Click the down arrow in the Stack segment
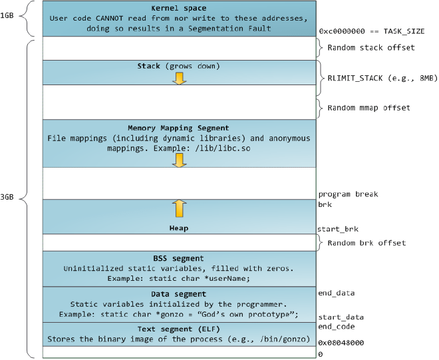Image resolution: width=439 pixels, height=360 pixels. tap(179, 78)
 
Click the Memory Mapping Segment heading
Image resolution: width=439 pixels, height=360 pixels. tap(178, 127)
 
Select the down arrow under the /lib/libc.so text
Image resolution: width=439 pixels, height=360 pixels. tap(179, 159)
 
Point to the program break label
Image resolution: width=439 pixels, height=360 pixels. tap(348, 194)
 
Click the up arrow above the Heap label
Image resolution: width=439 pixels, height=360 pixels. tap(179, 208)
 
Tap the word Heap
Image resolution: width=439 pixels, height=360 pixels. tap(178, 228)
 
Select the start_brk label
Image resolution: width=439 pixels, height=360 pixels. tap(339, 229)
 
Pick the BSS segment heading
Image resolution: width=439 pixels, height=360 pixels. tap(178, 258)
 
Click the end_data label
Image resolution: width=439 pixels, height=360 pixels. tap(336, 292)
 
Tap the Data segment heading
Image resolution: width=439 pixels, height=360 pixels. tap(178, 293)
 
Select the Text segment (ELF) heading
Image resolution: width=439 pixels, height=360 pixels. tap(178, 329)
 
